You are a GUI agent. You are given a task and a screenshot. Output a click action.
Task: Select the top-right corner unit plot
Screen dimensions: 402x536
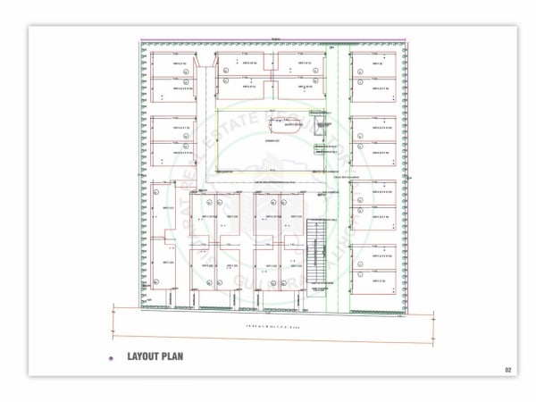[x=374, y=64]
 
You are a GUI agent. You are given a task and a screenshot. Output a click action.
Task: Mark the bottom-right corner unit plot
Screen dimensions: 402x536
[x=374, y=282]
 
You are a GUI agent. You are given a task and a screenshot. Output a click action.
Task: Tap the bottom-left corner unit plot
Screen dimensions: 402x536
[x=165, y=268]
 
